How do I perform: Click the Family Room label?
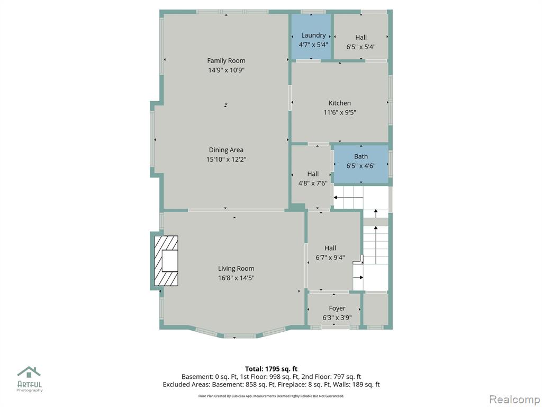(x=226, y=60)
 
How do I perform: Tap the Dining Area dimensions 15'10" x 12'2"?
(x=226, y=159)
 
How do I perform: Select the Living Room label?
(x=236, y=268)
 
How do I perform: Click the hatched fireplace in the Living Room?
(x=166, y=261)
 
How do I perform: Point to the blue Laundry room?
(x=311, y=37)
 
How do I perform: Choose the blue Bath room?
(x=360, y=164)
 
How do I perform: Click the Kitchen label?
(x=339, y=103)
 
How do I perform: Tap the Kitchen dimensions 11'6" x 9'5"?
(x=339, y=112)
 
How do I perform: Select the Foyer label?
(x=337, y=308)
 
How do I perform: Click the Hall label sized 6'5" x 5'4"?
(x=361, y=38)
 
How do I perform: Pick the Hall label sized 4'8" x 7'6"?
(x=313, y=174)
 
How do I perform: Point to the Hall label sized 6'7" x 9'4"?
(x=330, y=248)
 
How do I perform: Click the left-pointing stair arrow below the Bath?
(x=348, y=198)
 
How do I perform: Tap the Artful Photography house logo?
(x=29, y=372)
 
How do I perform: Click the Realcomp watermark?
(x=514, y=400)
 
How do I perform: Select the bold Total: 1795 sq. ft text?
(x=271, y=369)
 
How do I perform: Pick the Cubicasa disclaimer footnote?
(x=271, y=396)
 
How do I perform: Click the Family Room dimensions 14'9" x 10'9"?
(x=226, y=70)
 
